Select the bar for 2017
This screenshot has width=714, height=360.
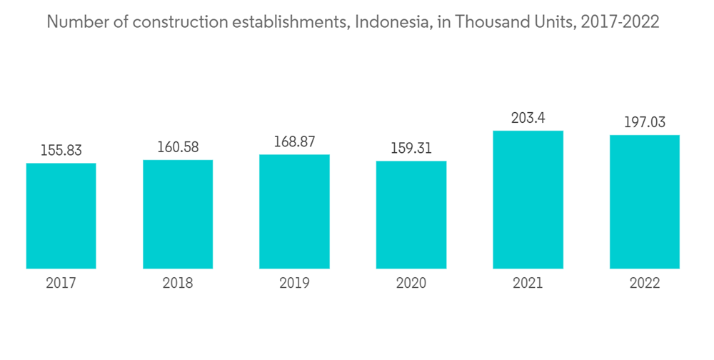(61, 216)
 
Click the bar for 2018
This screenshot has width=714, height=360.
(178, 214)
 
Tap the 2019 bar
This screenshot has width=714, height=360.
(294, 211)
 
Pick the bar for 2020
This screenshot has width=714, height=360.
(411, 214)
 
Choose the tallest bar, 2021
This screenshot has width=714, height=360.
(528, 199)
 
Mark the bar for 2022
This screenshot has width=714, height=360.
(645, 201)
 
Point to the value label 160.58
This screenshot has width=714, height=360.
(178, 147)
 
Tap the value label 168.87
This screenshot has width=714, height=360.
(294, 141)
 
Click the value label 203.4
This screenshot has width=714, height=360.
(528, 118)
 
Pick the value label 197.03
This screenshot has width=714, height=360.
(645, 122)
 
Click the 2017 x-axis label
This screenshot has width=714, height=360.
(61, 283)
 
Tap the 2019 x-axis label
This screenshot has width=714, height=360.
(294, 283)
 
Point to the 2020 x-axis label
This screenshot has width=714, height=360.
(411, 283)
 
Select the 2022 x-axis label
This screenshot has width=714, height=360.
(645, 283)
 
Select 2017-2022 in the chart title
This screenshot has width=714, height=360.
(620, 22)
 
